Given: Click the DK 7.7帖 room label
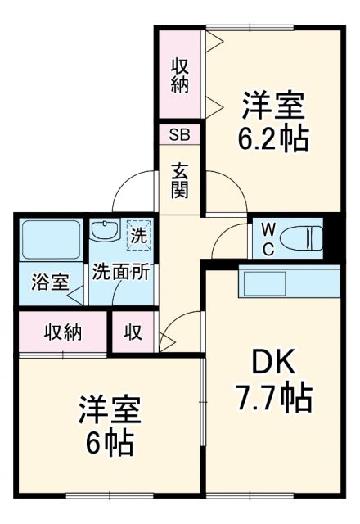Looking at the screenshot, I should [272, 380].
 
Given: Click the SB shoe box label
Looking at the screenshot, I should [179, 133].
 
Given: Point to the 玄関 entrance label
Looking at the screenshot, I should [180, 180].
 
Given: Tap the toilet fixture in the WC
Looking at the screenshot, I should [298, 238].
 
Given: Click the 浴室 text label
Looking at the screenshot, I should [50, 283].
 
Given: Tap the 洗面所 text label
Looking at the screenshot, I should [120, 273].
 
